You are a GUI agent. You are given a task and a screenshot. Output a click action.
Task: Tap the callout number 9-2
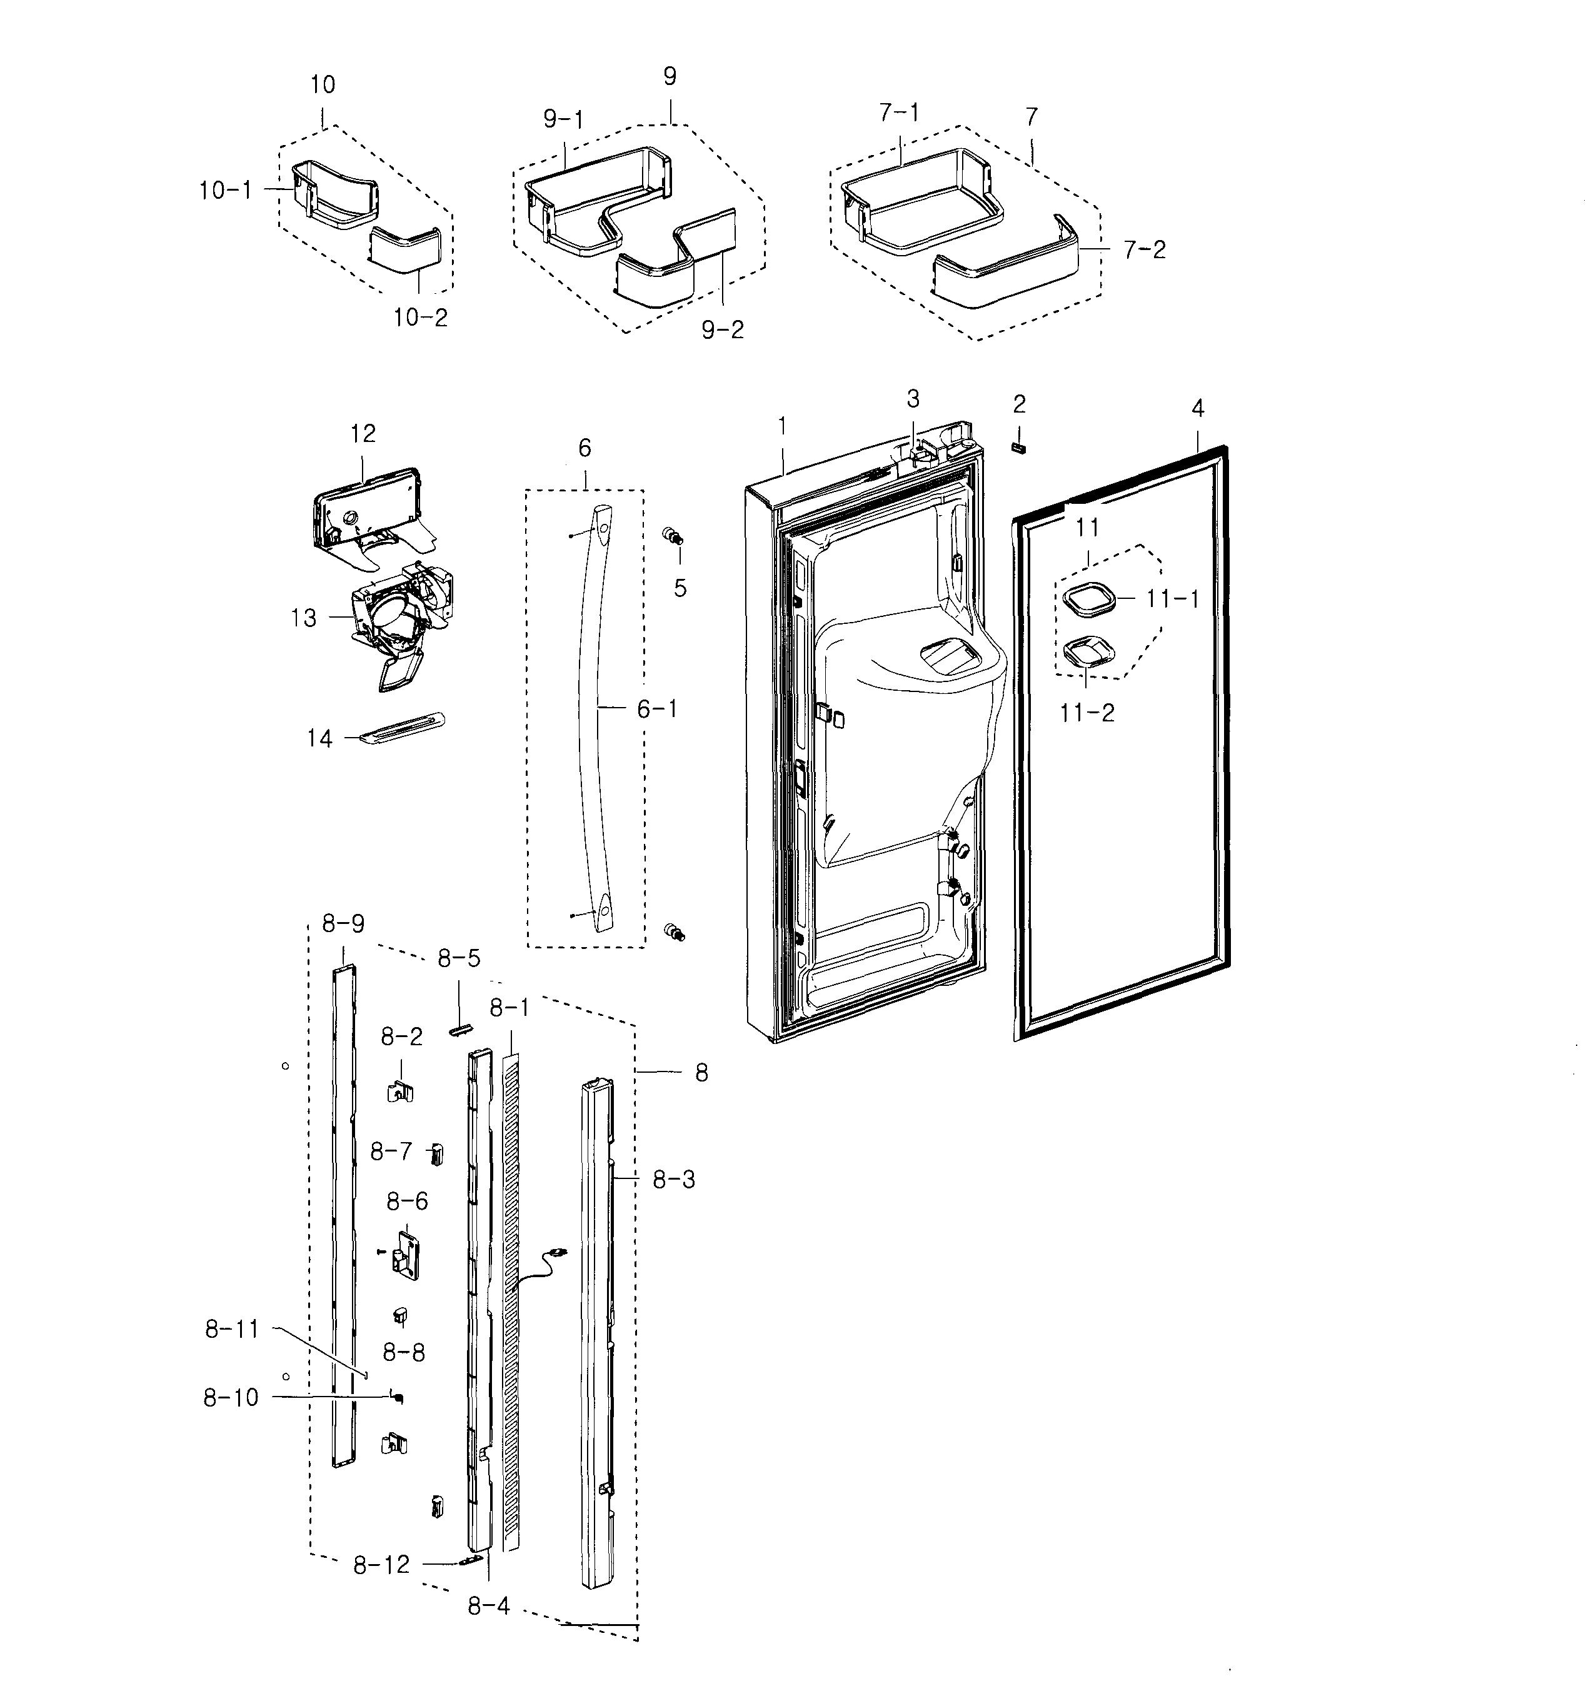[722, 330]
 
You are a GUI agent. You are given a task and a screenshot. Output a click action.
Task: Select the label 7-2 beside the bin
[1144, 250]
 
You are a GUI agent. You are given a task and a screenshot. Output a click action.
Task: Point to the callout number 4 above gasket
[1197, 408]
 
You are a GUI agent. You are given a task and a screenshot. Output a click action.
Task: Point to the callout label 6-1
[658, 708]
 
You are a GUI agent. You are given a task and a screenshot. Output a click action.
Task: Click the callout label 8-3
[674, 1179]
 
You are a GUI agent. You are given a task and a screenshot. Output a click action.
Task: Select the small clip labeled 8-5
[459, 1030]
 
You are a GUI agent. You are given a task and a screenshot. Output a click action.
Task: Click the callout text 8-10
[231, 1398]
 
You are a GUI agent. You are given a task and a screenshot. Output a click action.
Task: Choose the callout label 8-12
[381, 1564]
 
